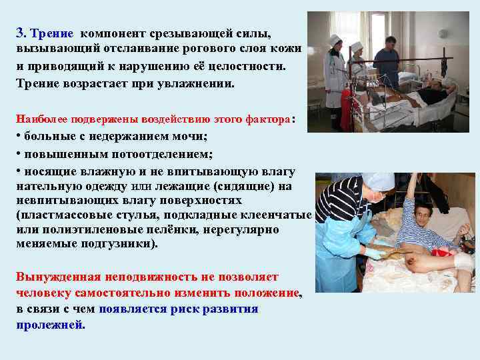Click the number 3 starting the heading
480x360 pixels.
click(x=20, y=33)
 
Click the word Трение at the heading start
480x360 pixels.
click(x=49, y=33)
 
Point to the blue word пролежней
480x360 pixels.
click(x=51, y=326)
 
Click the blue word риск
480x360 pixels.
click(x=166, y=309)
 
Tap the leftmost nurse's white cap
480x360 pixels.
click(x=335, y=39)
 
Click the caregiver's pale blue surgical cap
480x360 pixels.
click(x=377, y=181)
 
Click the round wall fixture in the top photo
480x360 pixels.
click(x=443, y=33)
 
